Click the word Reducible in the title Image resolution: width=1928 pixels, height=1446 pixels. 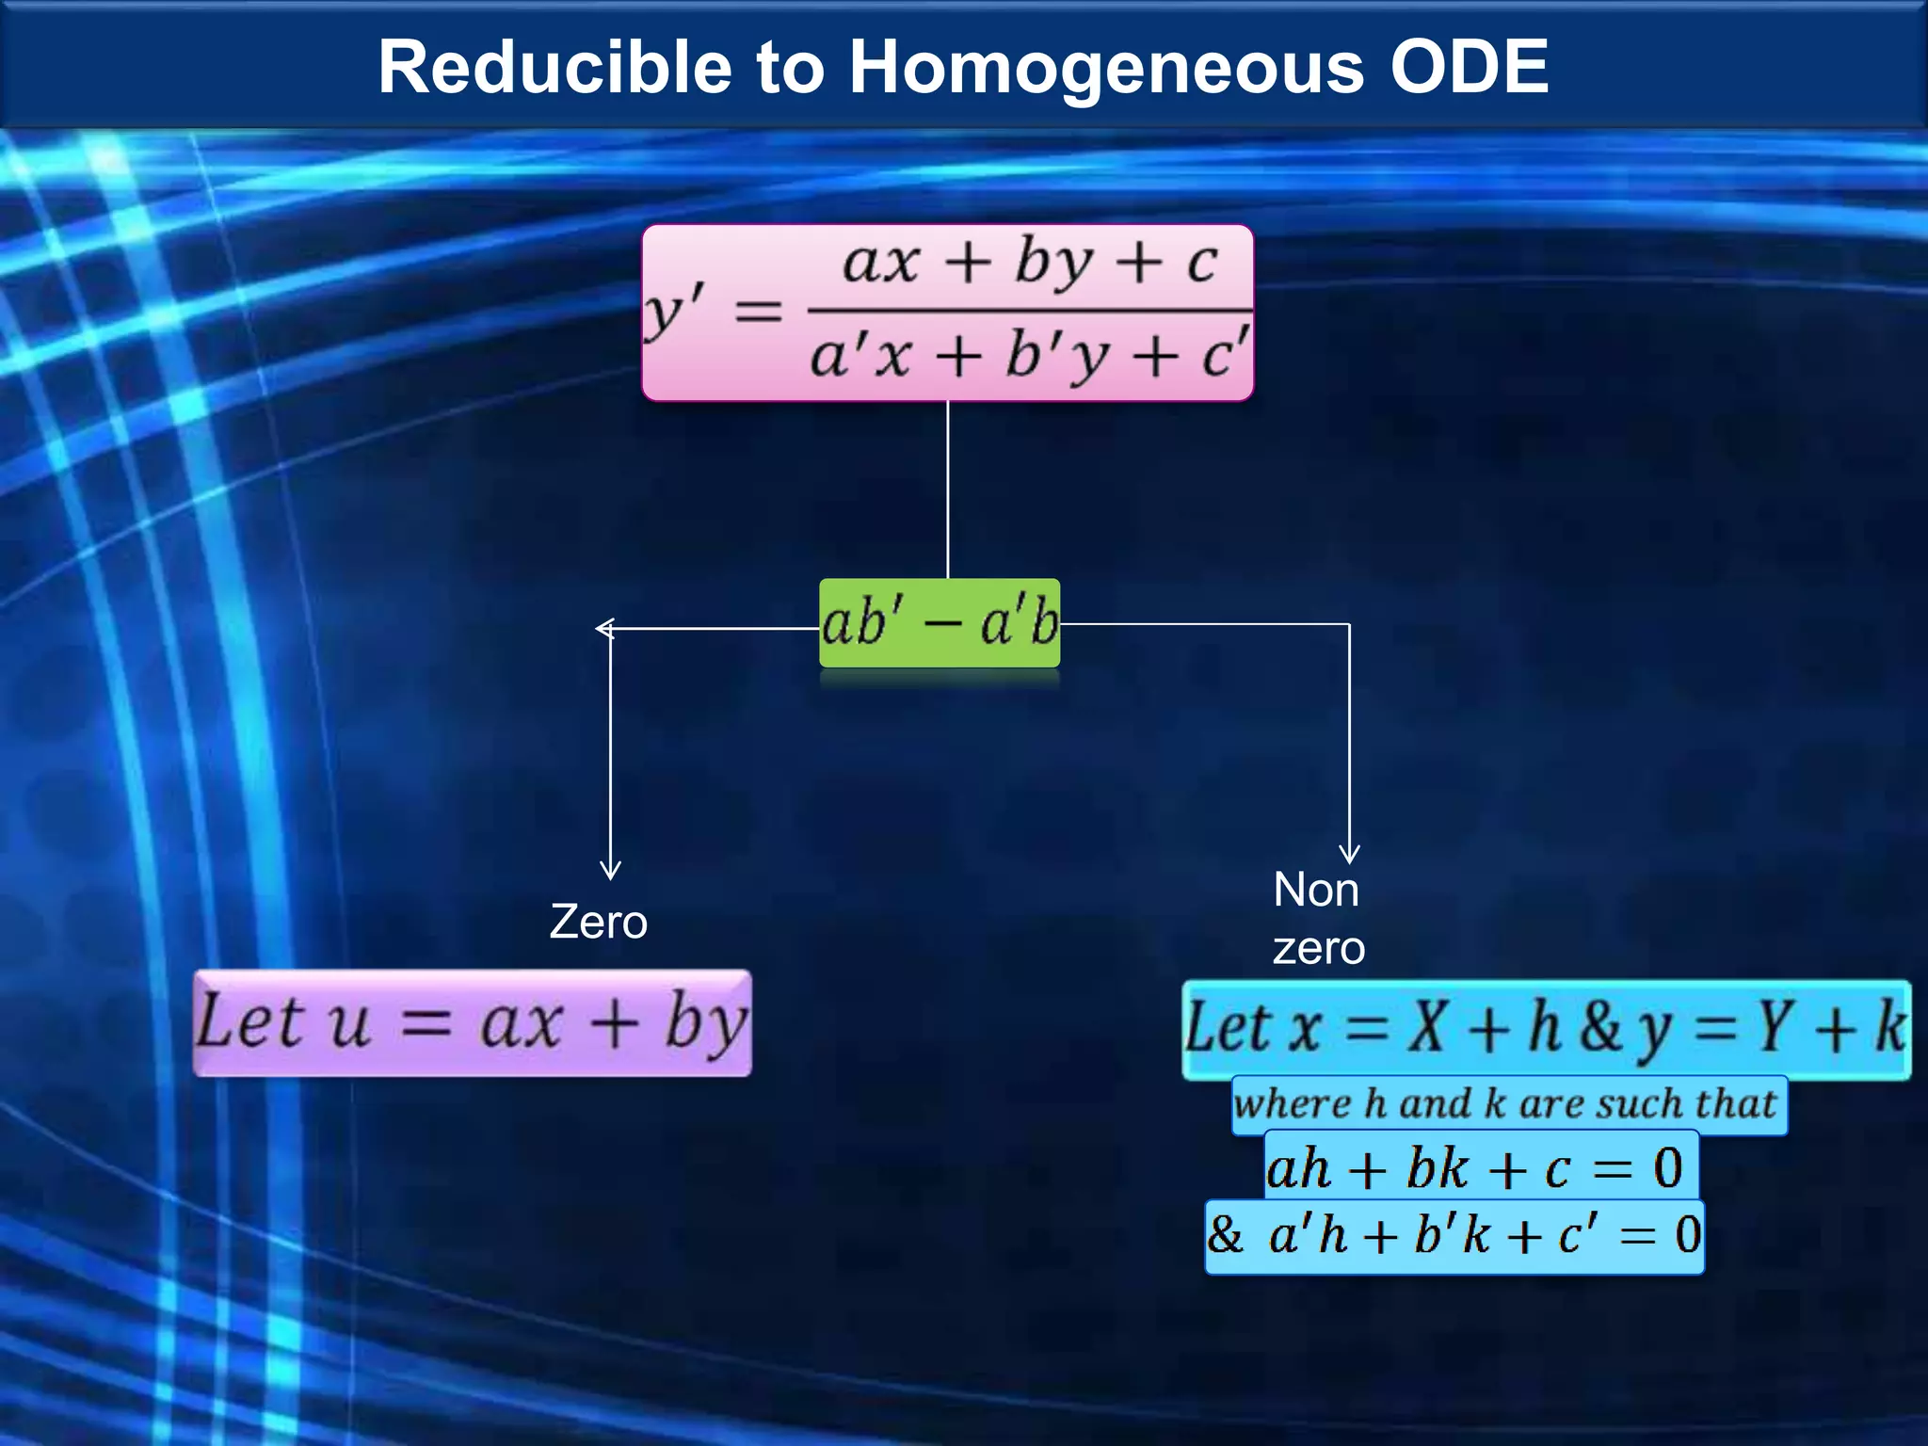(x=554, y=68)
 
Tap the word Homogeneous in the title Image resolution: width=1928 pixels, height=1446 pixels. (x=1106, y=68)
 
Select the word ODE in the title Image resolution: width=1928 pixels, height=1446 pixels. (x=1469, y=68)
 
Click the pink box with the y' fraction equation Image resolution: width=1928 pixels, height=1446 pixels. (x=947, y=313)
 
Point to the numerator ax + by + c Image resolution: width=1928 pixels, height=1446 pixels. (x=1030, y=261)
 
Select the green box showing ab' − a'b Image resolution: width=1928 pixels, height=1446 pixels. (x=940, y=623)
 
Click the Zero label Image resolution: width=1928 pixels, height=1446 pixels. (x=599, y=922)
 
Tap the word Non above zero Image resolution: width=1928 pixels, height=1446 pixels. (x=1316, y=890)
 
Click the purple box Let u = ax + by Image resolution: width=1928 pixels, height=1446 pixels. (x=472, y=1023)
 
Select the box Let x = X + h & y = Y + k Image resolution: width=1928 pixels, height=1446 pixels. (x=1546, y=1029)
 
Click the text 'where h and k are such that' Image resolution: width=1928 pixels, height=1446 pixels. (x=1508, y=1104)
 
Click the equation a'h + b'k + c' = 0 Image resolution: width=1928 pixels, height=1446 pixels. (x=1483, y=1235)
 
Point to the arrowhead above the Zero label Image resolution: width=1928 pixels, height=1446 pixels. (x=610, y=870)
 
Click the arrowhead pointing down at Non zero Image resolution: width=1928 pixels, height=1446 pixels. (x=1350, y=854)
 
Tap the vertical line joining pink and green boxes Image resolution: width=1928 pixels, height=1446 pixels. (x=948, y=490)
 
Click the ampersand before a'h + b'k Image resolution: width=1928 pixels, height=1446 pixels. (x=1225, y=1234)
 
